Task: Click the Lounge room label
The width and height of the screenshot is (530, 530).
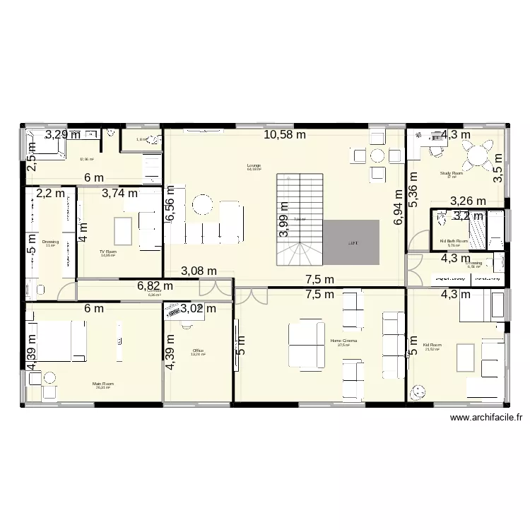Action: pyautogui.click(x=254, y=166)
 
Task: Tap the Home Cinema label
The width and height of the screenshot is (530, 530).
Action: pyautogui.click(x=343, y=341)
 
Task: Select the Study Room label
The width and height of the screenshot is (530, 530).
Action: pyautogui.click(x=451, y=173)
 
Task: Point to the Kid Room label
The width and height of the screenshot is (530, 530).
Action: pyautogui.click(x=432, y=346)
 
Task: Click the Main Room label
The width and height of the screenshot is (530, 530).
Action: pyautogui.click(x=103, y=384)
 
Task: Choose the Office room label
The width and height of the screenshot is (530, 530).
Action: pyautogui.click(x=197, y=350)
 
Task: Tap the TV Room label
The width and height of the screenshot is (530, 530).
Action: pyautogui.click(x=107, y=251)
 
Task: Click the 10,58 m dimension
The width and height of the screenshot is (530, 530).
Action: pyautogui.click(x=285, y=134)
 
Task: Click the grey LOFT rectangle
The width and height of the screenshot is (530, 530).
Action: pyautogui.click(x=352, y=242)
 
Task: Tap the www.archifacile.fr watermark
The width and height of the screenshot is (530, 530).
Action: pyautogui.click(x=485, y=418)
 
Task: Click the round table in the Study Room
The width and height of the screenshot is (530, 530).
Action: pyautogui.click(x=481, y=152)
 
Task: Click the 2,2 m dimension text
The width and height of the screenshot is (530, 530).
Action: pyautogui.click(x=50, y=193)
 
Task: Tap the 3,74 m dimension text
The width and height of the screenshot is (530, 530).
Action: pyautogui.click(x=119, y=193)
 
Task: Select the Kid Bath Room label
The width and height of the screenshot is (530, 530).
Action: pyautogui.click(x=453, y=241)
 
